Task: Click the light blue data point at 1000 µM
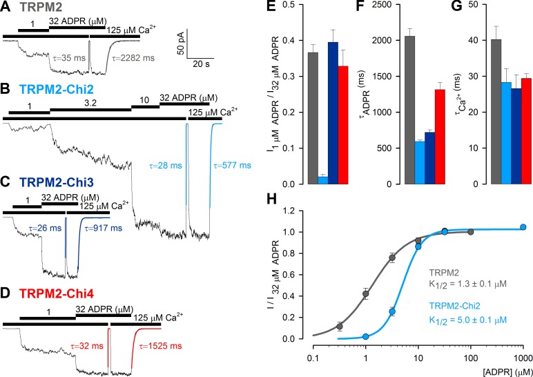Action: pyautogui.click(x=523, y=227)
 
